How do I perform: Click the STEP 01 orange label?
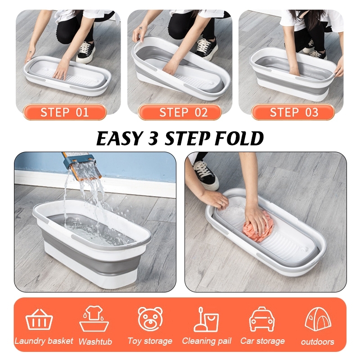(x=64, y=112)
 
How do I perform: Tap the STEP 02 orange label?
(x=179, y=112)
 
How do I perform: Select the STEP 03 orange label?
(x=293, y=112)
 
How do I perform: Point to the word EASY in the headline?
(x=119, y=139)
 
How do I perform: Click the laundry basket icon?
(x=39, y=319)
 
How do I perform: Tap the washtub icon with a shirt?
(x=94, y=318)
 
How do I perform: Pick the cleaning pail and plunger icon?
(x=206, y=319)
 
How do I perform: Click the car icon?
(x=262, y=319)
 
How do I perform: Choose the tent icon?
(x=318, y=319)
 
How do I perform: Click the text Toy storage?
(x=150, y=341)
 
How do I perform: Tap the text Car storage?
(x=262, y=341)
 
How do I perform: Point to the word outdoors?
(x=318, y=342)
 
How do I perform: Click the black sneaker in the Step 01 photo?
(x=85, y=52)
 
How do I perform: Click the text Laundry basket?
(x=44, y=341)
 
